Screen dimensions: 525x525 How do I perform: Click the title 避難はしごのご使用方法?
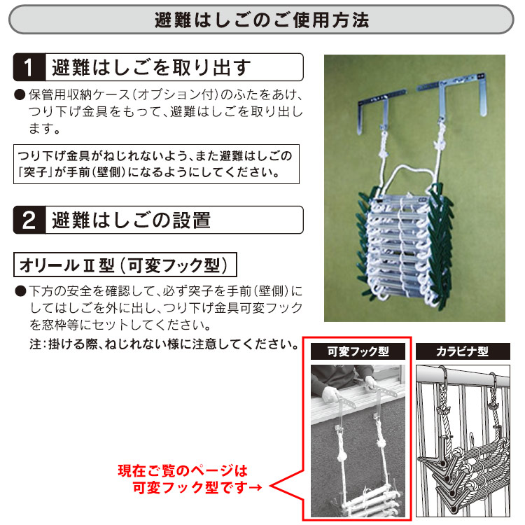pyautogui.click(x=262, y=19)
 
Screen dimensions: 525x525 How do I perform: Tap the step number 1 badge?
pyautogui.click(x=29, y=68)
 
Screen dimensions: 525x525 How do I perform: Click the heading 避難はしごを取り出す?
pyautogui.click(x=150, y=68)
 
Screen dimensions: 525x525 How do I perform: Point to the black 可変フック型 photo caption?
pyautogui.click(x=358, y=351)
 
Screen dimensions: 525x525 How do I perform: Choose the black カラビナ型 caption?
pyautogui.click(x=462, y=351)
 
